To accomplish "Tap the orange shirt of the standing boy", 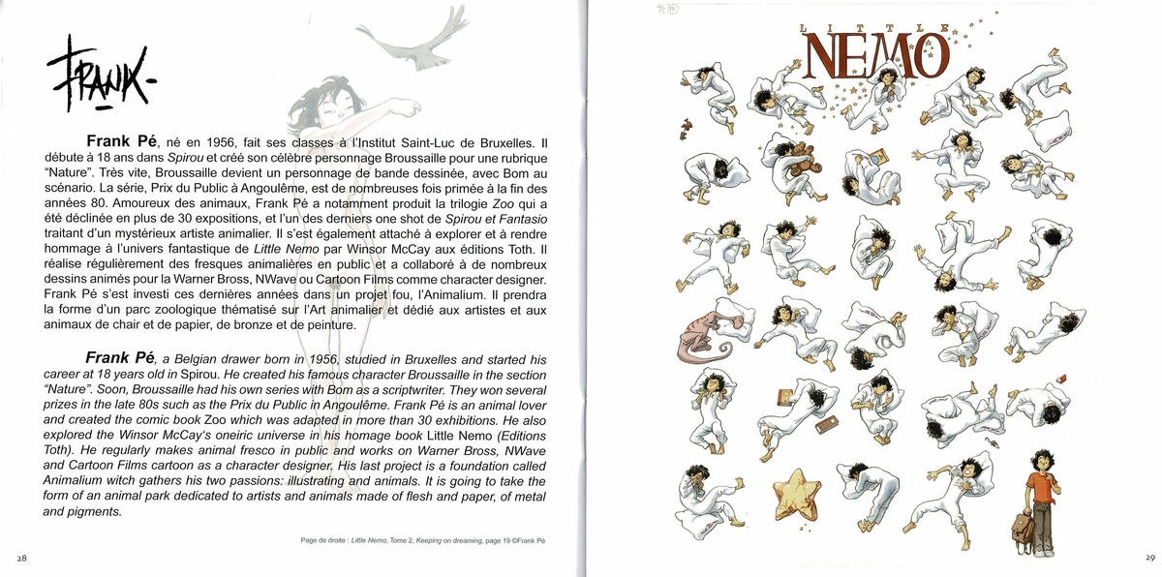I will [1040, 484].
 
